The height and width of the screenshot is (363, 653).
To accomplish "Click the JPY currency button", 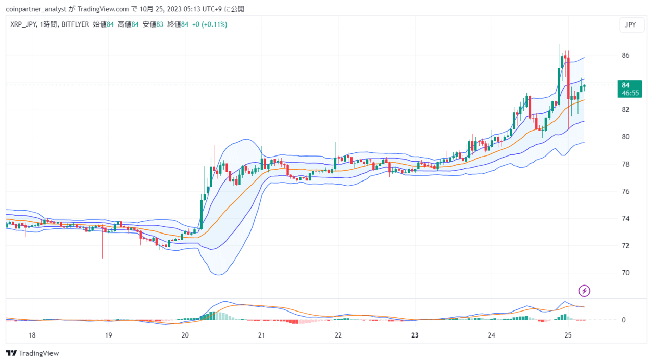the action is coord(632,25).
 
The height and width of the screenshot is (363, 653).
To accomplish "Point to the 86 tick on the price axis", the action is coord(625,55).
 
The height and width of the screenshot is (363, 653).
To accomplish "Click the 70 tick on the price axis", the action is coord(625,273).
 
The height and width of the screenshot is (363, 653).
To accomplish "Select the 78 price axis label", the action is coord(625,164).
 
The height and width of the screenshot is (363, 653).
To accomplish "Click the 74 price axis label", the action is coord(625,219).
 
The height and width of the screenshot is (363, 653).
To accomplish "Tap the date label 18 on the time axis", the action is coord(32,335).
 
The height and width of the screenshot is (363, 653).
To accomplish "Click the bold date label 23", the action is coord(415,335).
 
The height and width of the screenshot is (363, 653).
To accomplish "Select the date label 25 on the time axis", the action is coord(568,335).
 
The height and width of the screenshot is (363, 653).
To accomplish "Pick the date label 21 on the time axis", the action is coord(262,335).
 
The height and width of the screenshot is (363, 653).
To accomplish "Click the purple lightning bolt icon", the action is coord(584,291).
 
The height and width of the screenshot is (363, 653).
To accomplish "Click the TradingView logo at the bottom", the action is coord(32,353).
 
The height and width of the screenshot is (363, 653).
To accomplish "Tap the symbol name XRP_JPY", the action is coord(23,24).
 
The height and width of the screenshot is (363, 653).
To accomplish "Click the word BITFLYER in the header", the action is coord(75,24).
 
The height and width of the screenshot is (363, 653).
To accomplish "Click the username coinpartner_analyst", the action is coord(36,9).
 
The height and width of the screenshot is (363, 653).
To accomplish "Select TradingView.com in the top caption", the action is coord(103,9).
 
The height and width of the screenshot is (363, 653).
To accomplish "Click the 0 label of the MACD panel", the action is coord(623,320).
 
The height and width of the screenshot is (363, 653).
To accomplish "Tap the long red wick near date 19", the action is coord(103,243).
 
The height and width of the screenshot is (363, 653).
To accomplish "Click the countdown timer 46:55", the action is coord(630,93).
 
